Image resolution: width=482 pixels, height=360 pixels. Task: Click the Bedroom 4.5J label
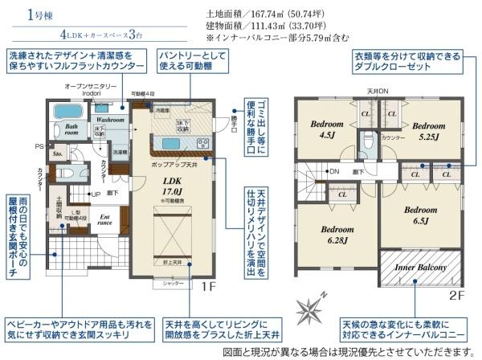(327, 129)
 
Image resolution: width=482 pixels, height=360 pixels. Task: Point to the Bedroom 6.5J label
(419, 215)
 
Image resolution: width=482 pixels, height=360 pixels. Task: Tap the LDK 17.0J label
(175, 186)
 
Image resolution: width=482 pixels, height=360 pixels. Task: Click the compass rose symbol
(312, 309)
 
